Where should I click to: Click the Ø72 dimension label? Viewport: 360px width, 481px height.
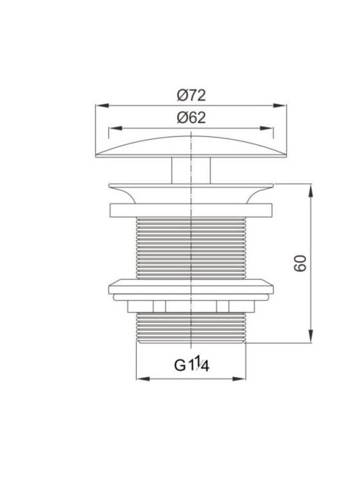coord(191,96)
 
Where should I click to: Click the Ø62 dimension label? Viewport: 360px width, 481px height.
coord(191,118)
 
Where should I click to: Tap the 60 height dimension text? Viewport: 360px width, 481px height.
coord(300,263)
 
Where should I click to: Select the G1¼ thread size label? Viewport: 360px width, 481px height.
coord(192,364)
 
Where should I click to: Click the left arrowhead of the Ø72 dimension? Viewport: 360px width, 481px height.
coord(102,106)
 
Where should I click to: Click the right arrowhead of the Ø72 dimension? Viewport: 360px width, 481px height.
coord(280,106)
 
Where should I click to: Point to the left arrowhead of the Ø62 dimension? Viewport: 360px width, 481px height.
coord(116,128)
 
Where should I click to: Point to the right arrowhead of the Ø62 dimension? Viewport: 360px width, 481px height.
coord(266,128)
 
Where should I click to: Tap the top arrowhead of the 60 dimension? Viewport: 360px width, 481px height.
coord(311,190)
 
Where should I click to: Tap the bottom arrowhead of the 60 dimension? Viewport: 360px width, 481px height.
coord(311,336)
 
